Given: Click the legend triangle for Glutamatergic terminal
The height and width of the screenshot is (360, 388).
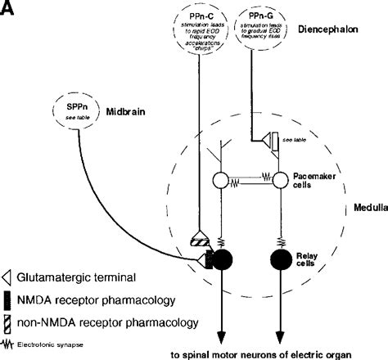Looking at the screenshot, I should (8, 278).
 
